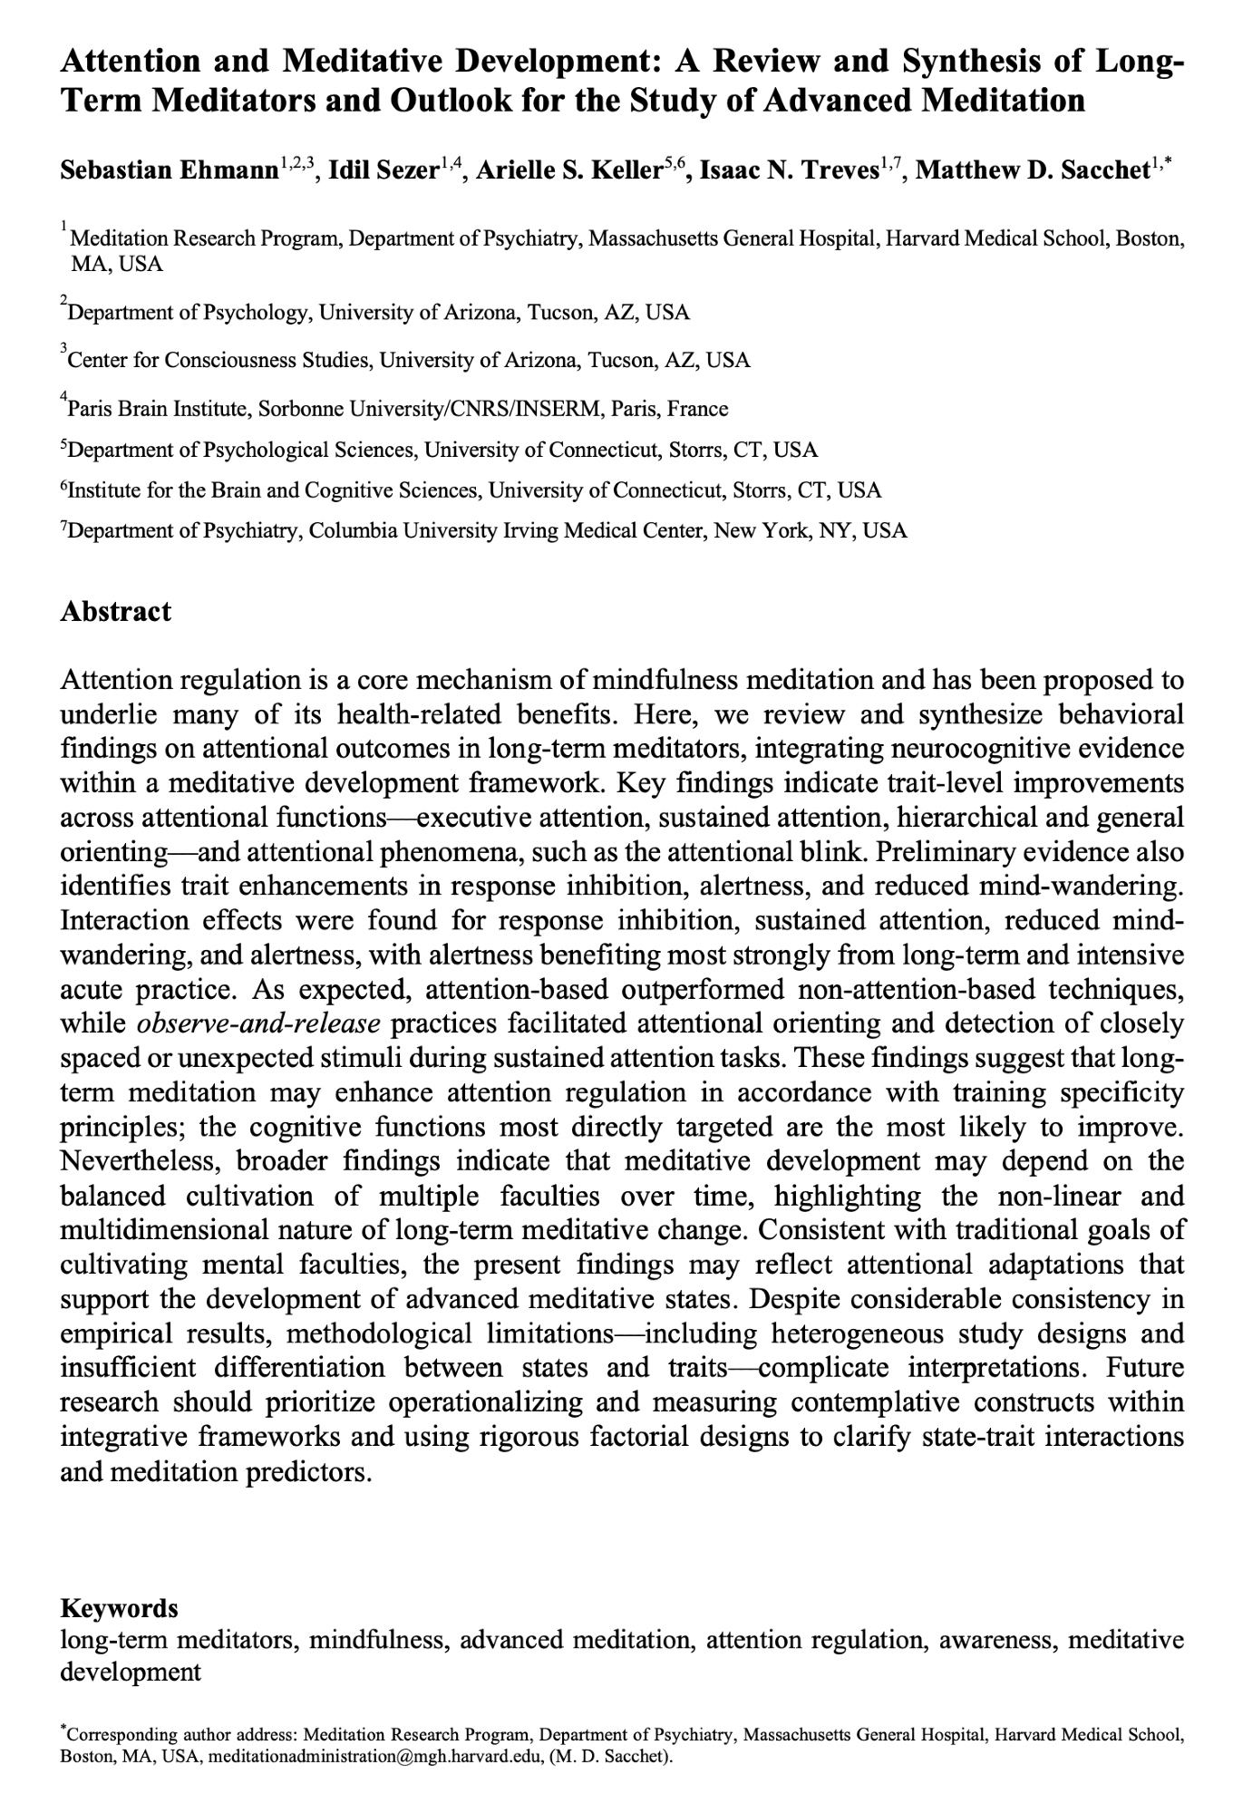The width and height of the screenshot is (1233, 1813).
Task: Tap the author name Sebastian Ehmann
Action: (168, 170)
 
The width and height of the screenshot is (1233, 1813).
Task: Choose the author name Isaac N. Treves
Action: (787, 170)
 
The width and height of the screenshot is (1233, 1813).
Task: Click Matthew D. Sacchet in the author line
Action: (1033, 170)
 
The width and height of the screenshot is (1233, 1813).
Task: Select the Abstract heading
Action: (115, 611)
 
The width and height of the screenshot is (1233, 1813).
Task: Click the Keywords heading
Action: (119, 1608)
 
